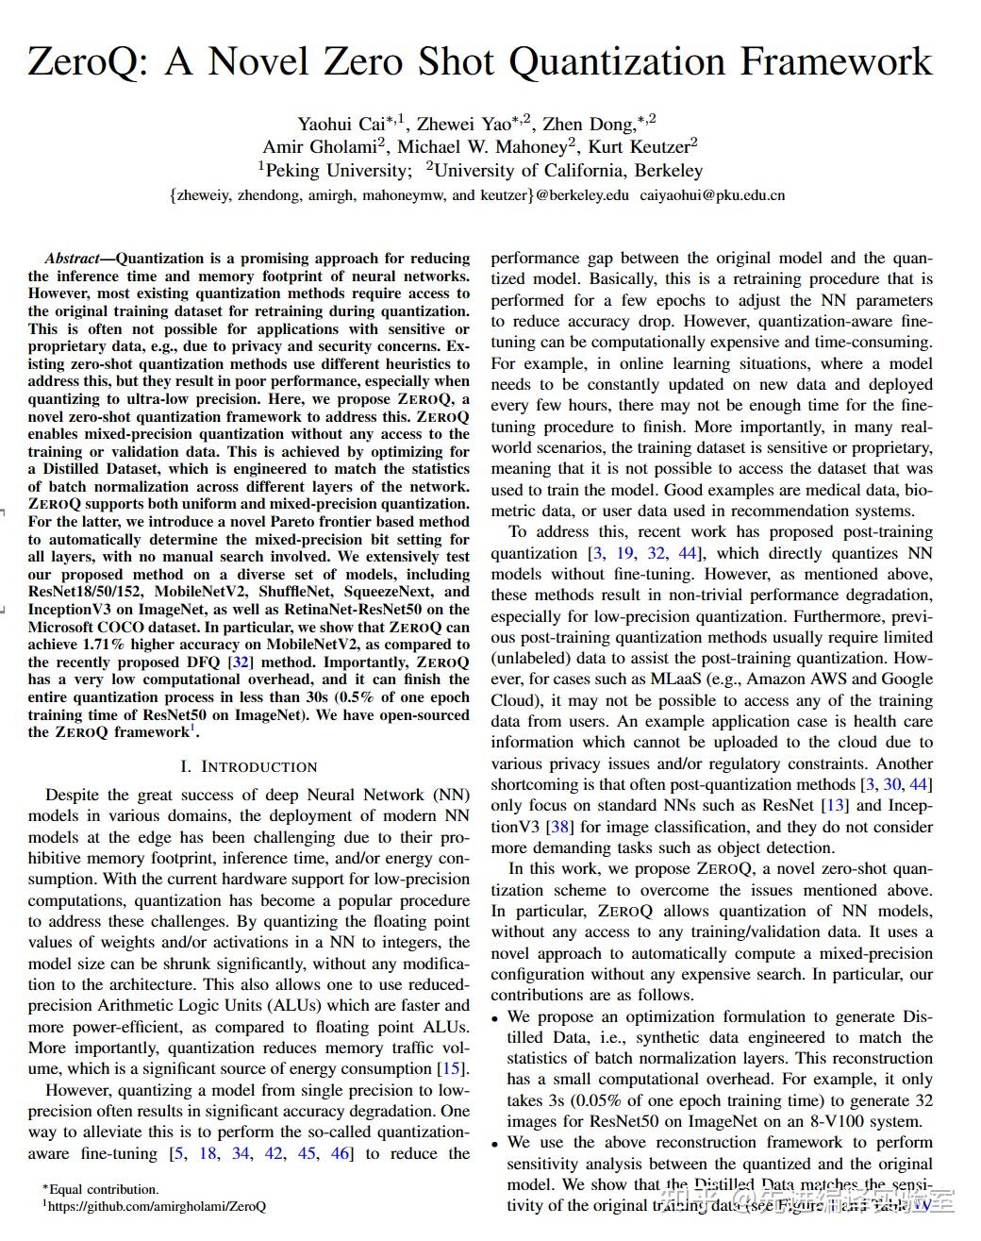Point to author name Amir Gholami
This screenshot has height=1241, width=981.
pyautogui.click(x=322, y=146)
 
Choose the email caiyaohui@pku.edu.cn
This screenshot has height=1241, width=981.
pyautogui.click(x=712, y=195)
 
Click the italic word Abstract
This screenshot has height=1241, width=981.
pyautogui.click(x=72, y=259)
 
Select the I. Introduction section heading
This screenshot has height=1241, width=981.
pyautogui.click(x=249, y=766)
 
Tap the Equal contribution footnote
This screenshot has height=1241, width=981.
pyautogui.click(x=102, y=1189)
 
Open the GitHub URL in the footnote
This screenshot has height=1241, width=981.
pyautogui.click(x=156, y=1206)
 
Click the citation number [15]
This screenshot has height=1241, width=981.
pyautogui.click(x=453, y=1068)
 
